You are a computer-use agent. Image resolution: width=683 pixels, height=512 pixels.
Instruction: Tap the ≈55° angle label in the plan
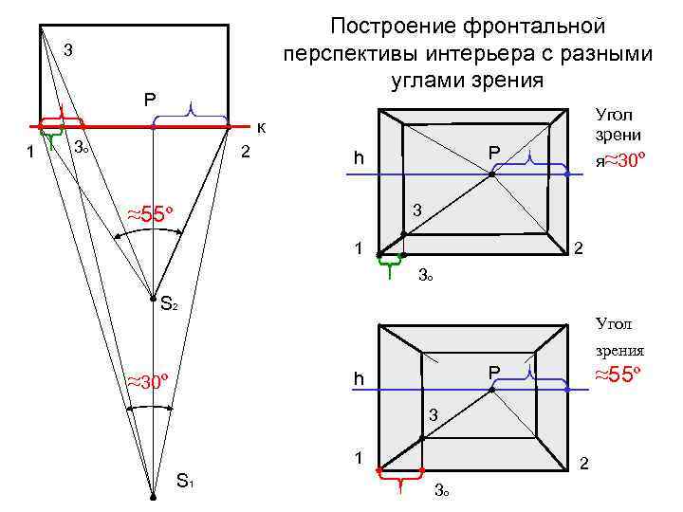point(153,213)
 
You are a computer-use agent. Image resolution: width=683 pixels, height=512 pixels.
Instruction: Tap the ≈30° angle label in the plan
point(151,382)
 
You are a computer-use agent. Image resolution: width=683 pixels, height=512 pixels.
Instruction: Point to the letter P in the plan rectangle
point(152,99)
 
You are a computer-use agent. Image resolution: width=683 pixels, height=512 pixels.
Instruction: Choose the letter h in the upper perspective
point(359,157)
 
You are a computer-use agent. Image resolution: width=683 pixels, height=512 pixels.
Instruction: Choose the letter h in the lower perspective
point(359,379)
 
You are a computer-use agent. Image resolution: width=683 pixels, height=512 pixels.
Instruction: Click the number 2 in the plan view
point(246,153)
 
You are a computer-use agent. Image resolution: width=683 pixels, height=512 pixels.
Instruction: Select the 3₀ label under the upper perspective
point(427,277)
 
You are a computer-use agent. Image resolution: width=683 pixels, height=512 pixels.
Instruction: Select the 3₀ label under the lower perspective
point(441,490)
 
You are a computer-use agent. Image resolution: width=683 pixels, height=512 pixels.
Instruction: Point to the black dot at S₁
point(152,496)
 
